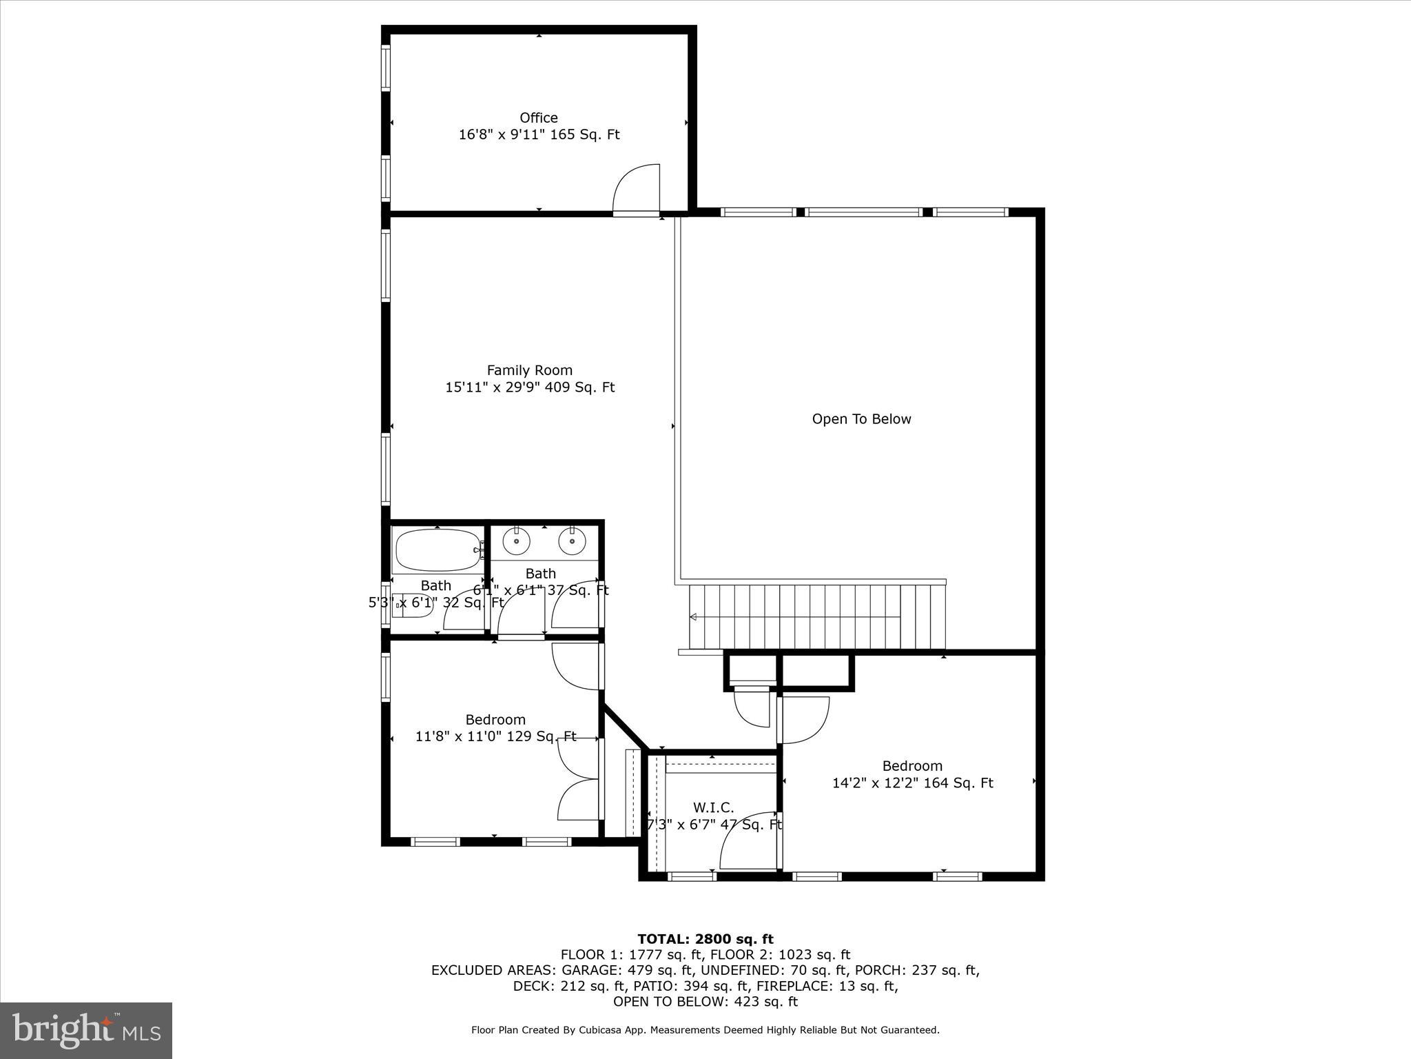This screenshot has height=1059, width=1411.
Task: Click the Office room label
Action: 539,118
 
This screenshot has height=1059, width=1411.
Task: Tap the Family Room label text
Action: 529,370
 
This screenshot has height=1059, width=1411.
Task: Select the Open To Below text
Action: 861,419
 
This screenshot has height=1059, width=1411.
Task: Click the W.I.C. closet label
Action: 713,807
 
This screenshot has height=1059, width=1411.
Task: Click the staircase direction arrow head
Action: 694,616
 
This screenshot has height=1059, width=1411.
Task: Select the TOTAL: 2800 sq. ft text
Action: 705,939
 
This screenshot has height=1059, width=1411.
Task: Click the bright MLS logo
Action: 86,1030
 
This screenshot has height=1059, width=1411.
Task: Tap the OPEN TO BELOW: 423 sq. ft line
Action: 705,1002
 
